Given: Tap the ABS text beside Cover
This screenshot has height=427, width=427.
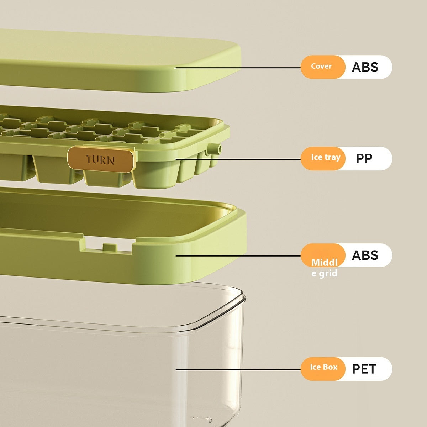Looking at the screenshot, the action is point(365,67).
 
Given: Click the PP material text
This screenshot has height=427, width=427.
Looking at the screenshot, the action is point(364,159).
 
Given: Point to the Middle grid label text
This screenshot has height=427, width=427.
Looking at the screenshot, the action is point(325,268).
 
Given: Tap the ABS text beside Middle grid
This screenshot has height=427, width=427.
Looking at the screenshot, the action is point(365,255).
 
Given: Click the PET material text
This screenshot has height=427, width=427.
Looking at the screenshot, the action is point(364,369).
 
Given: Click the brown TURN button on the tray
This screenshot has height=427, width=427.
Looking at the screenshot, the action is point(101,159).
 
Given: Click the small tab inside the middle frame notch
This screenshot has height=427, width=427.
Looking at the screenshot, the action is point(110,247).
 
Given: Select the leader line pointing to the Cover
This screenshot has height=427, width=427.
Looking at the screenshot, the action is point(238,68).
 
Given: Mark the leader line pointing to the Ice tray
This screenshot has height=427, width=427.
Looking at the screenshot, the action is point(238,159).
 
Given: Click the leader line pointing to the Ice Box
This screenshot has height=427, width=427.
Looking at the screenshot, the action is point(238,369).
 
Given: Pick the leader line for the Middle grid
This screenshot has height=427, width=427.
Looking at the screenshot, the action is point(238,256).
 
